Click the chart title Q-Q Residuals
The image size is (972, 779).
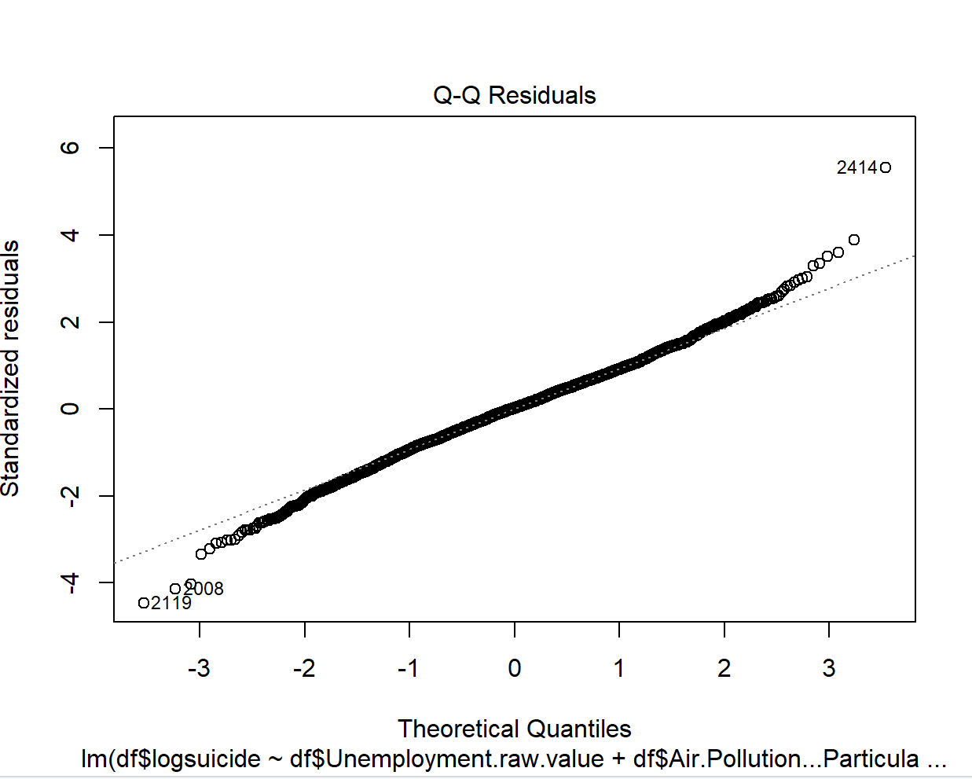(514, 95)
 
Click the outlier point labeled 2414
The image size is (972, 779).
(886, 167)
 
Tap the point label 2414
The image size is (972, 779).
(856, 167)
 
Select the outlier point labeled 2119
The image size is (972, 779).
(144, 603)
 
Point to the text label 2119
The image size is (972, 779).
(171, 604)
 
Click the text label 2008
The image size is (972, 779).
(204, 589)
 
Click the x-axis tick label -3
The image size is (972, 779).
(199, 668)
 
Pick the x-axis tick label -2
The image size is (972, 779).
(304, 668)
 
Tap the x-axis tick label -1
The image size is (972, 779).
(409, 668)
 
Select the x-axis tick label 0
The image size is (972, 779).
(515, 668)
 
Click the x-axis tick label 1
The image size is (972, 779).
(619, 668)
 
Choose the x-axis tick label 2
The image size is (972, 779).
(724, 668)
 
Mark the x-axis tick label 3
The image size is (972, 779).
(829, 668)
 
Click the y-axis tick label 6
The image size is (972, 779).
(71, 148)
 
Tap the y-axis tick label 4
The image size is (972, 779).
(71, 235)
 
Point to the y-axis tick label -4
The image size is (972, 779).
(71, 582)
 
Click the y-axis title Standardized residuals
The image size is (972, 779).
(10, 369)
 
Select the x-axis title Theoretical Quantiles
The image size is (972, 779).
(514, 729)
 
